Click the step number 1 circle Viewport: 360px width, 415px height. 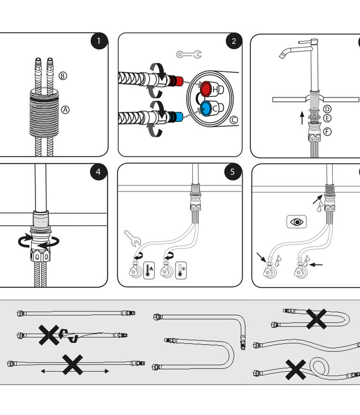point(99,41)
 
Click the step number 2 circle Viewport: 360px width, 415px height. point(234,41)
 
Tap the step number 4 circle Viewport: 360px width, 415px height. point(99,172)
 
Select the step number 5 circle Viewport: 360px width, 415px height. point(234,172)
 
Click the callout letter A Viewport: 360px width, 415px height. point(65,110)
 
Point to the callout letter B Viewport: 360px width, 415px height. point(63,75)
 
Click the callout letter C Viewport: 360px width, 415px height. point(233,119)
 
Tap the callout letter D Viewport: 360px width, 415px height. point(327,109)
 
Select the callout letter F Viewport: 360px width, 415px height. point(327,131)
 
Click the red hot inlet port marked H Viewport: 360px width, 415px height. point(208,89)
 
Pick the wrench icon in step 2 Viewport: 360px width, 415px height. point(189,54)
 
